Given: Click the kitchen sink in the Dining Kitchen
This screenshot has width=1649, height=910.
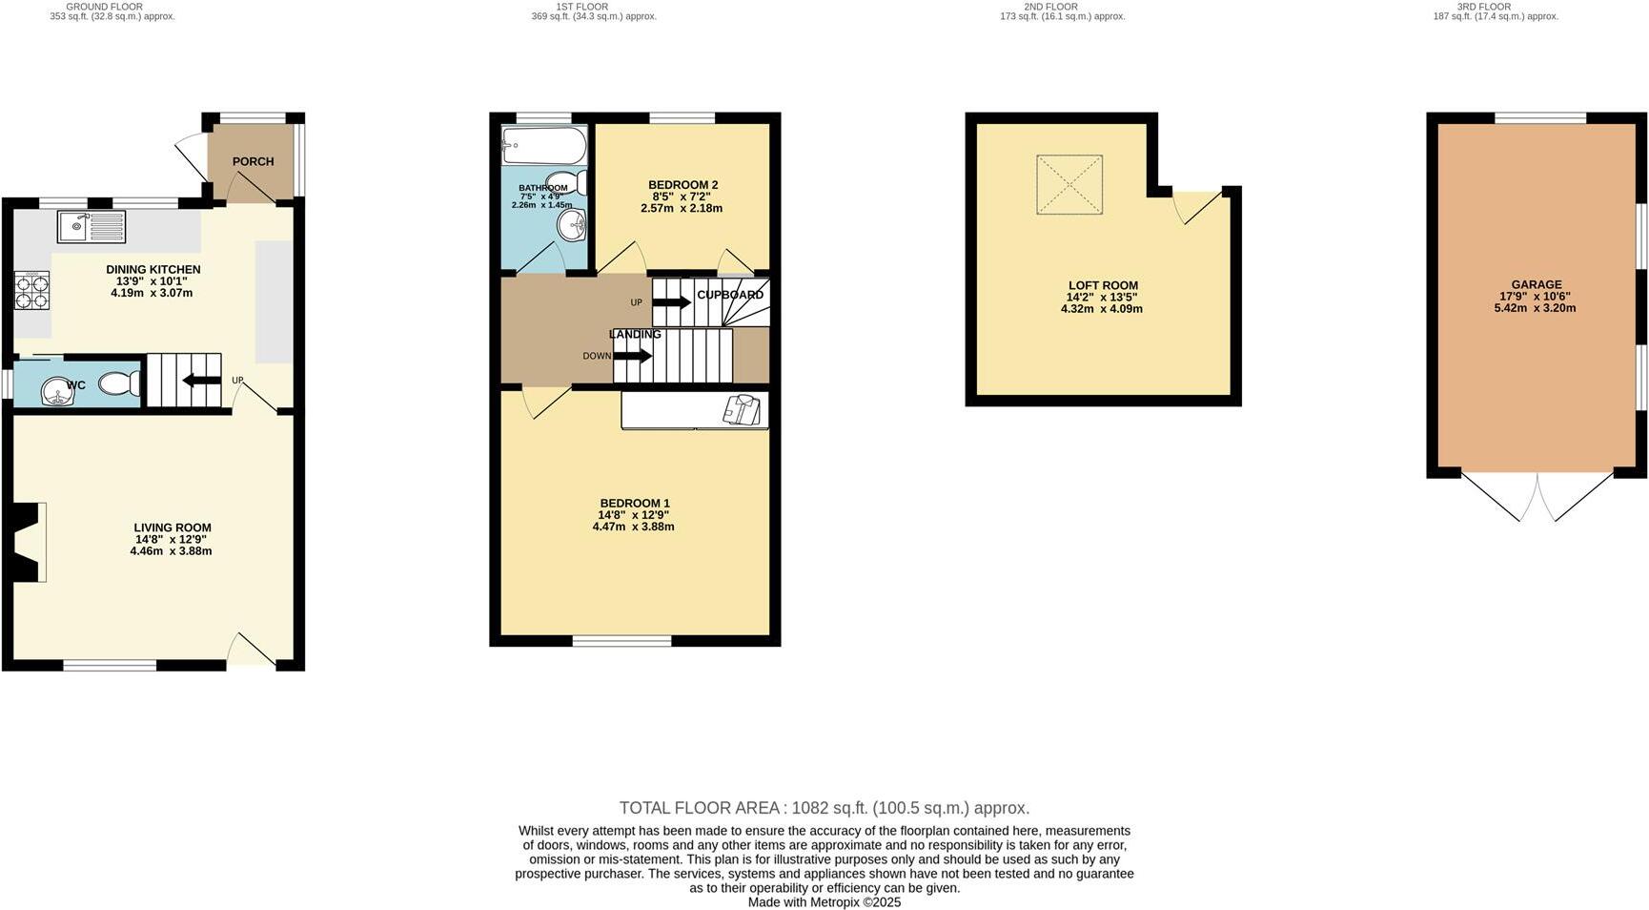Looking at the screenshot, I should pos(91,227).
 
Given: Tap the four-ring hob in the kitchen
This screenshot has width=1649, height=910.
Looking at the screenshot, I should pos(31,290).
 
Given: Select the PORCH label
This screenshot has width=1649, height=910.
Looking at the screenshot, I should pos(253,162).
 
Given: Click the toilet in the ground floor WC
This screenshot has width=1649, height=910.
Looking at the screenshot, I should pos(119,383).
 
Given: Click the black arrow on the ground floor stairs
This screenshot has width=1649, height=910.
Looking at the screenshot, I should pos(201,381).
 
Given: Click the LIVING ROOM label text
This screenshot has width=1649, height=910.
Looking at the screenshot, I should pos(173,527).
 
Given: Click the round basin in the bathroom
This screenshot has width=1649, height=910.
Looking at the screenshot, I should pos(573,226).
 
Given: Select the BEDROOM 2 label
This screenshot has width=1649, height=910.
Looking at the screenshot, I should pos(682,185).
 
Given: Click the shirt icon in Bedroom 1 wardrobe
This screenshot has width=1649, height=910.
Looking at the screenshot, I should pos(743,409).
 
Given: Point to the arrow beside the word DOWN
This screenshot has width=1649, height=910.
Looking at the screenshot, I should pos(632,356).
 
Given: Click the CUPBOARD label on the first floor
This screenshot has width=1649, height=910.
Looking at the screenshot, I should pos(730,295).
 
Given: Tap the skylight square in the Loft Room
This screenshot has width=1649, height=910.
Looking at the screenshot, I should pos(1069,185).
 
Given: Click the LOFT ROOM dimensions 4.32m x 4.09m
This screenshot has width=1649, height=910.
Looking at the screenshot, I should pos(1102,309).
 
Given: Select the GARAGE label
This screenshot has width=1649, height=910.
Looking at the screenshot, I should pos(1536,284).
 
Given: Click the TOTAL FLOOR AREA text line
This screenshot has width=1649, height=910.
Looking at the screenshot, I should pos(824,808).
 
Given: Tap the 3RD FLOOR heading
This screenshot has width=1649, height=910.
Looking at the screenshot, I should pos(1483,7).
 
